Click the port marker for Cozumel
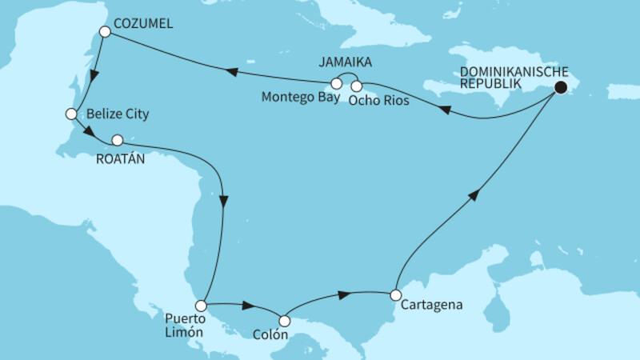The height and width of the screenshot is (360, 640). (103, 31)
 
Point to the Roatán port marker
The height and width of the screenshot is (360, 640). (118, 138)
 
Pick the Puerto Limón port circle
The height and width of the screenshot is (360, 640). (201, 306)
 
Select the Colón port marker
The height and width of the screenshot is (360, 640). (284, 321)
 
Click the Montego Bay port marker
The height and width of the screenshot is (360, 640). (337, 83)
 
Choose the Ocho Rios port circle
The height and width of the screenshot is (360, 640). (357, 85)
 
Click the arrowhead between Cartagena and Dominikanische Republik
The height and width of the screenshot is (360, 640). (476, 195)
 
